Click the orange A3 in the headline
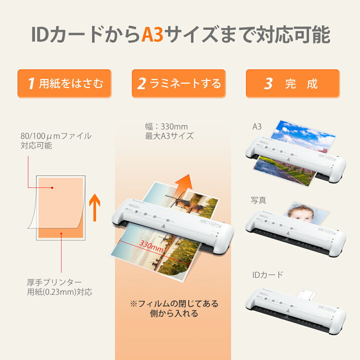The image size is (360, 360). tap(152, 34)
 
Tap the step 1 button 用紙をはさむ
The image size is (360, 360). tap(64, 83)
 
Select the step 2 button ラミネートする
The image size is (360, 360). tap(178, 83)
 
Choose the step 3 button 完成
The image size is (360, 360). tap(292, 83)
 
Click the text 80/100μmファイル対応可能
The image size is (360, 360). tap(55, 140)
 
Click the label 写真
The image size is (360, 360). tap(258, 200)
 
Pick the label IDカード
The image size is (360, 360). tap(267, 274)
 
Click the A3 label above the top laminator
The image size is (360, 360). tap(257, 126)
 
